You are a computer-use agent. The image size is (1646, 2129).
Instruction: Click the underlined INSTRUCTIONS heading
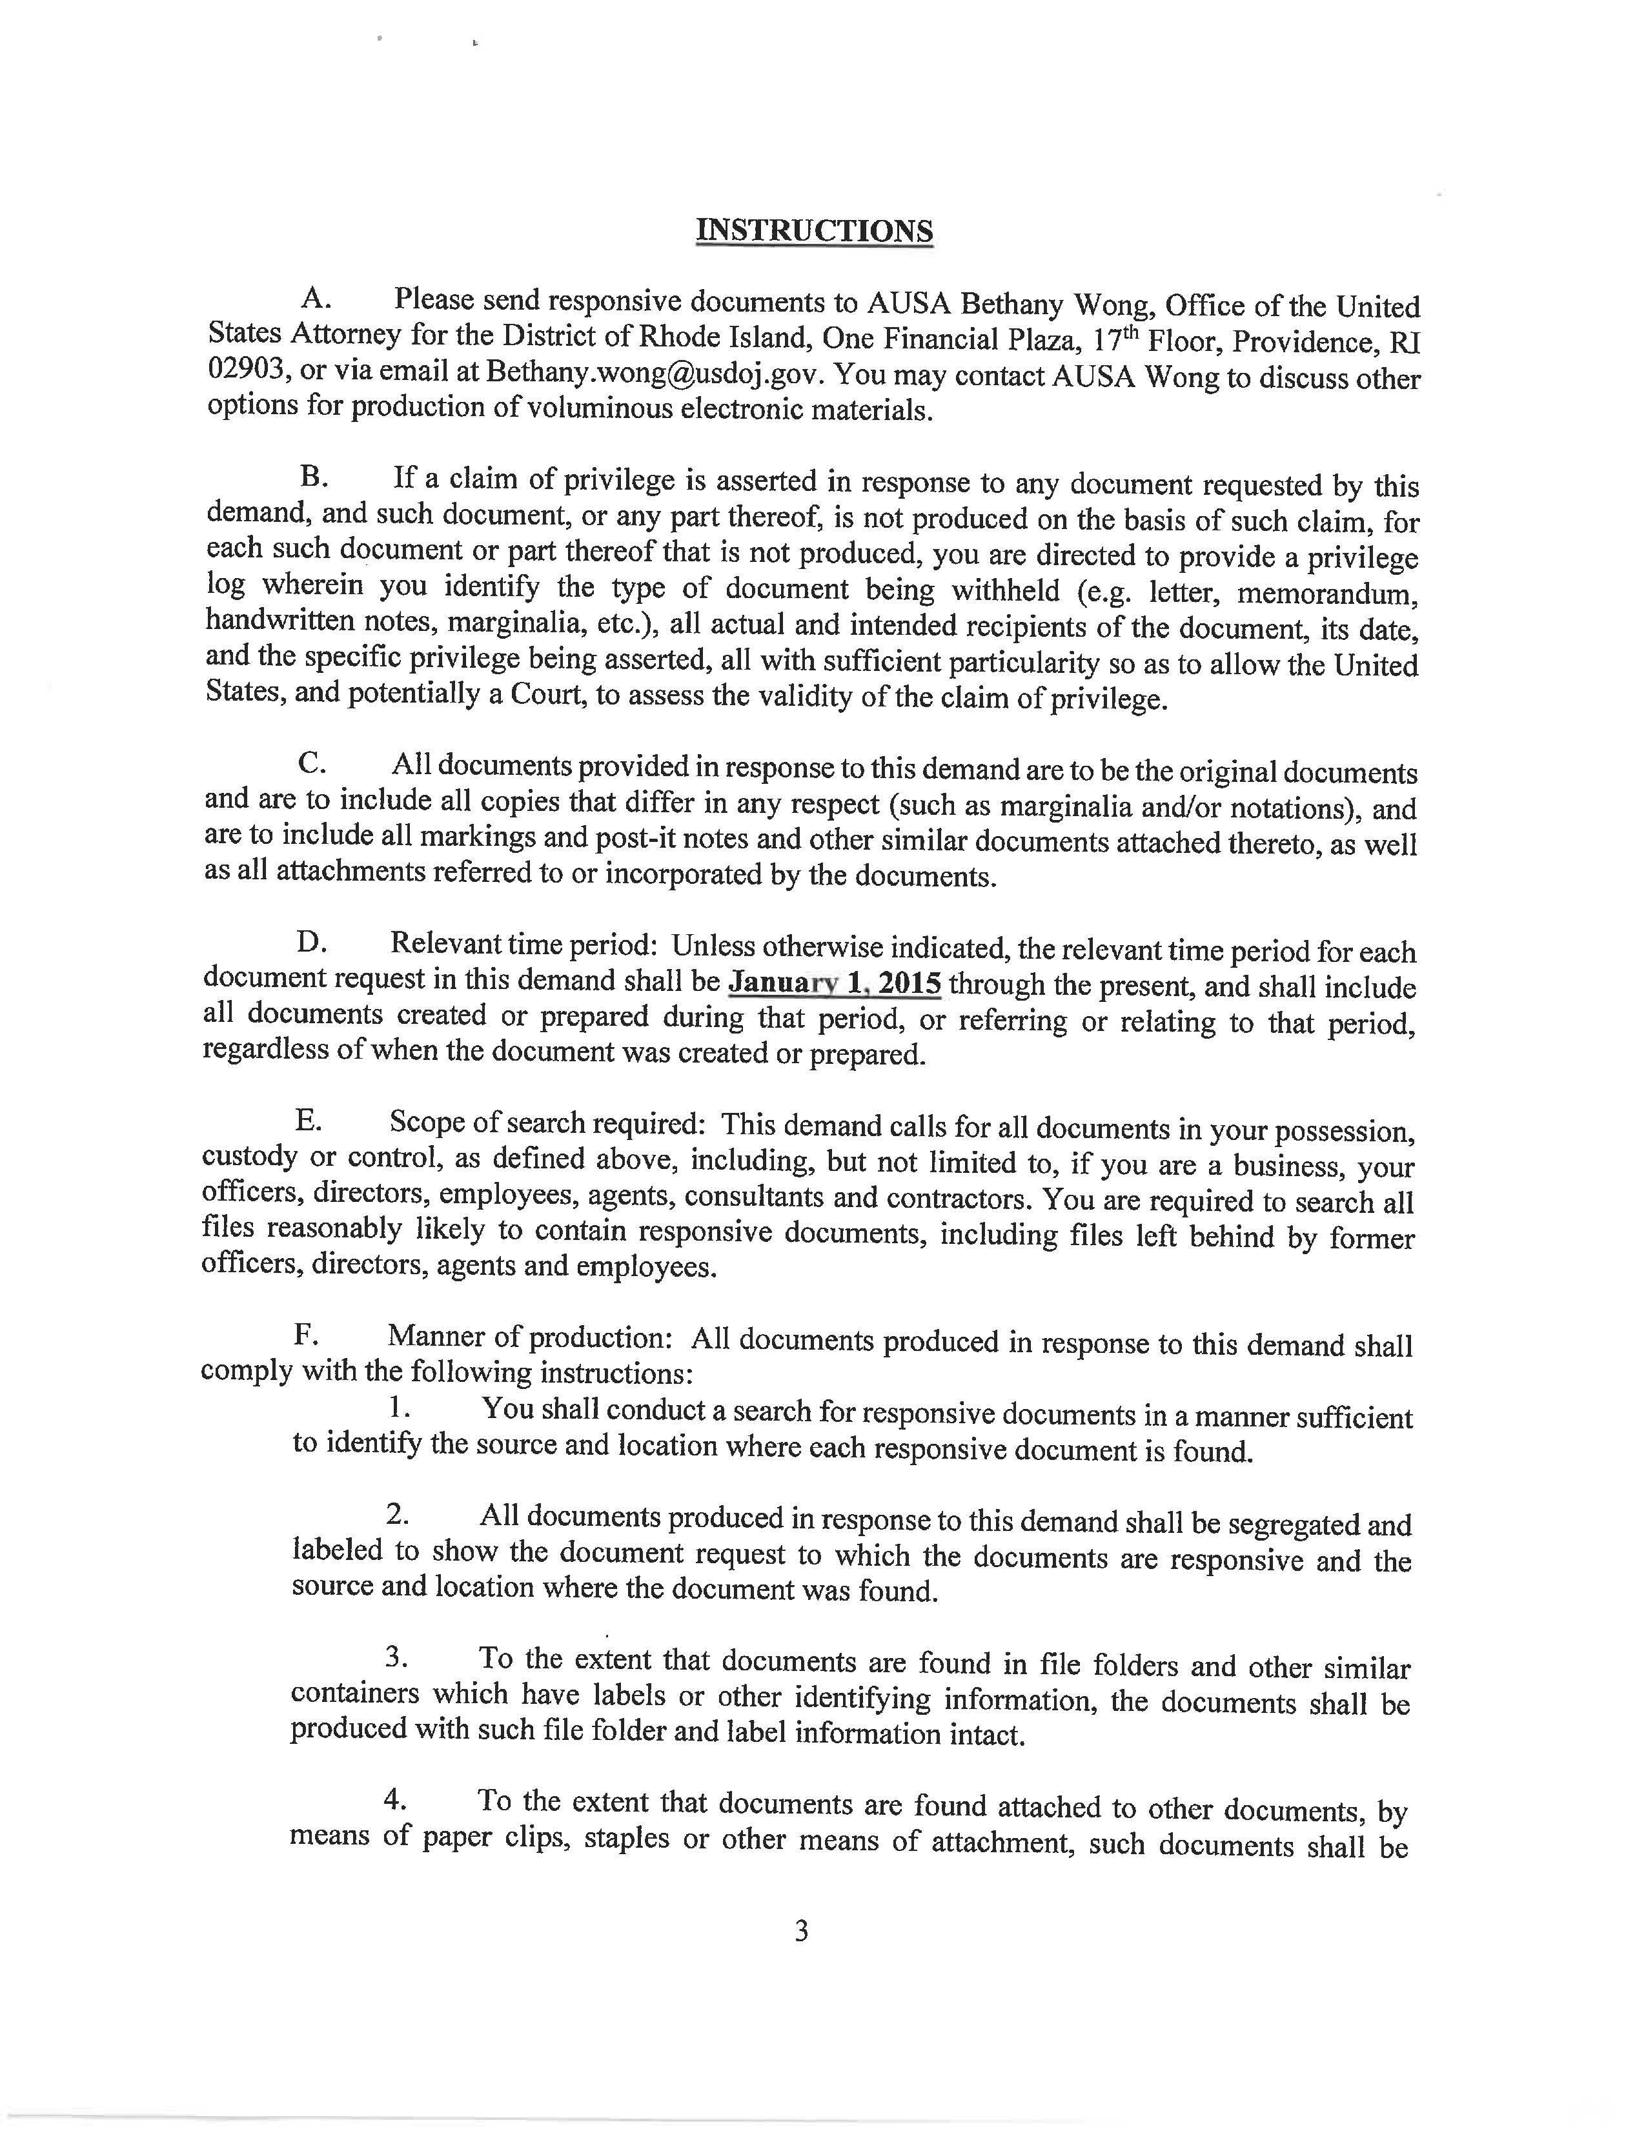814,231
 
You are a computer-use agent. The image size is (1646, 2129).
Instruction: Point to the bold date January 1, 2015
835,983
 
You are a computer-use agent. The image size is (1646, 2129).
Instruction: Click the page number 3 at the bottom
802,1931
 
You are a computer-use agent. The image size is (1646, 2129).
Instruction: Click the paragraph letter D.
311,943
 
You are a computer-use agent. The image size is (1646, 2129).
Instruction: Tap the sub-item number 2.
397,1514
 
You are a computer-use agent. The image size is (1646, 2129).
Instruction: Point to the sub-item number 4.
395,1799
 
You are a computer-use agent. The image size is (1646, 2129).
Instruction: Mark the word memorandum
1344,593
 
